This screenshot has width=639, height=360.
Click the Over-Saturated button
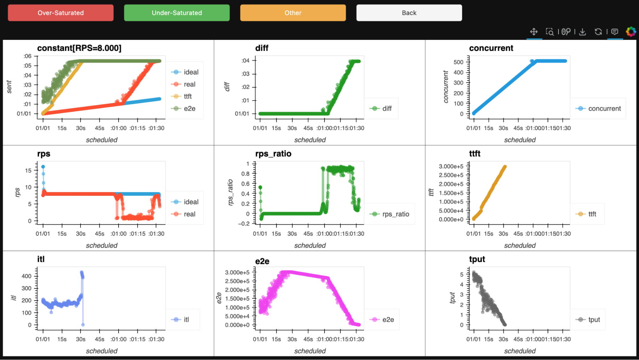[61, 13]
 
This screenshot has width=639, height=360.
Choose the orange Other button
[293, 13]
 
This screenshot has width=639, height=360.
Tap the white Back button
[409, 13]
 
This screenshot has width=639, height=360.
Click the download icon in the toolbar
[582, 32]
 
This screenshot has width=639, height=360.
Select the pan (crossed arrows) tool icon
[534, 32]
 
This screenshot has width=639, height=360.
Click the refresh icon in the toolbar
[598, 32]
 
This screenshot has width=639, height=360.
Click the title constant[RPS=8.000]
[79, 48]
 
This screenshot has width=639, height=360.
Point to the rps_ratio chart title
[273, 154]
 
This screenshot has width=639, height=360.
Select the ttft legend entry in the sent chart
[188, 96]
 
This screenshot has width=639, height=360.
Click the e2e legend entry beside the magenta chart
[388, 320]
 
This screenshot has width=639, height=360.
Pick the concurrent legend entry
[604, 109]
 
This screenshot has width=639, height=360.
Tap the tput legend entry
[594, 320]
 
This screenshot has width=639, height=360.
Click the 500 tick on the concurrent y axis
[458, 62]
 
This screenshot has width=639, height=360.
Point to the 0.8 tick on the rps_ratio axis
[245, 174]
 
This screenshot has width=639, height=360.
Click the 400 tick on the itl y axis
[27, 276]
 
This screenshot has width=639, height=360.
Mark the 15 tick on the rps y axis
[28, 171]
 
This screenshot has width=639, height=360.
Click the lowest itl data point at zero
[83, 325]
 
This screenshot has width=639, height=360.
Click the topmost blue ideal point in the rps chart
[43, 167]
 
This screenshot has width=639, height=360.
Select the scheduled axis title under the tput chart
[520, 351]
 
